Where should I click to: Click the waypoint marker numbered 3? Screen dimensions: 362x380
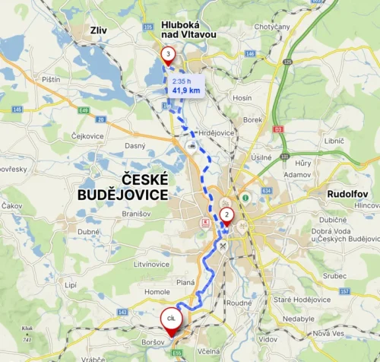pos(168,54)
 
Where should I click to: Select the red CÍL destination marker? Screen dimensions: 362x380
pos(172,318)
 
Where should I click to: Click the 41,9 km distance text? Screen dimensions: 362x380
pos(186,90)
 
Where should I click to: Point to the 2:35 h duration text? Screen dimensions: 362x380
pos(182,81)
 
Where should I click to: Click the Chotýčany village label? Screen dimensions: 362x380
pos(271,28)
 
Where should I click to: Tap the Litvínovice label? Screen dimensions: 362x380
pos(153,264)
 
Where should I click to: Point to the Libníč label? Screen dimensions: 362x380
pos(334,141)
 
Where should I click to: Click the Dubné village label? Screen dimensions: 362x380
pos(88,231)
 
